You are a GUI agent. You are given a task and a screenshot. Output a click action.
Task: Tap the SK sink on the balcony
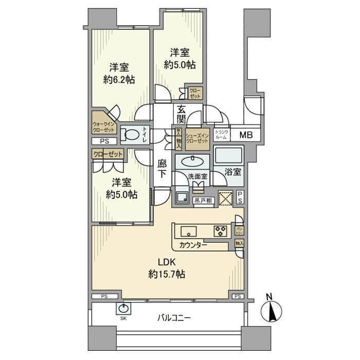pyautogui.click(x=123, y=309)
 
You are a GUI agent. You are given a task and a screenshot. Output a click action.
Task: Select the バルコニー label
pyautogui.click(x=174, y=318)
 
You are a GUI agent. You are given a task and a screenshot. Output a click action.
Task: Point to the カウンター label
pyautogui.click(x=194, y=245)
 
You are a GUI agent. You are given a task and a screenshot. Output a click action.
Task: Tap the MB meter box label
pyautogui.click(x=246, y=135)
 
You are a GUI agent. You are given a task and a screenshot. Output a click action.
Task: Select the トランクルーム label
pyautogui.click(x=221, y=135)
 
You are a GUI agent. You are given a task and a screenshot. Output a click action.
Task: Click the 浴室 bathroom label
pyautogui.click(x=233, y=172)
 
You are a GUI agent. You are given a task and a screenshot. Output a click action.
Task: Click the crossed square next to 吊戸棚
pyautogui.click(x=226, y=198)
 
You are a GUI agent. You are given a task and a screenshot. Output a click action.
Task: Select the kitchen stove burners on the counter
pyautogui.click(x=221, y=231)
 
